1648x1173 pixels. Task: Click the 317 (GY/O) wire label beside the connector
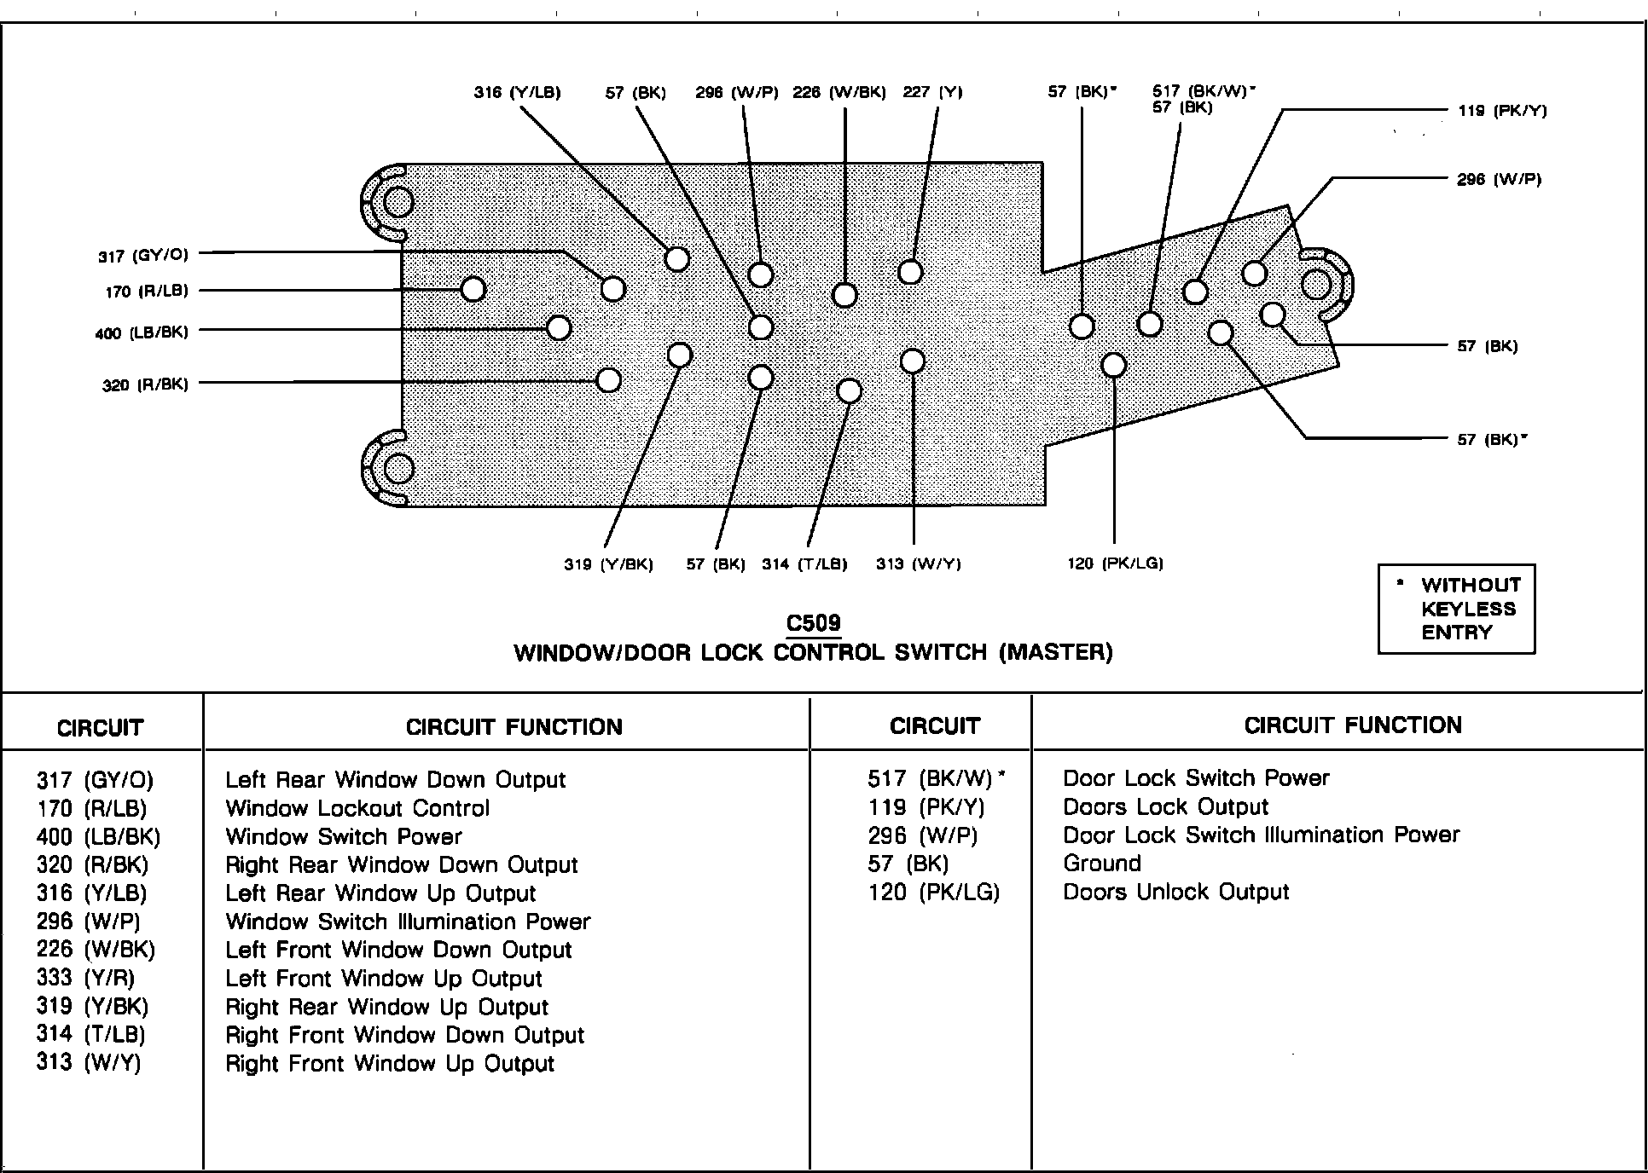(143, 256)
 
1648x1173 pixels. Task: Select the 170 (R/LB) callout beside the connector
(147, 292)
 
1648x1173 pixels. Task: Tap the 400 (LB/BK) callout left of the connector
(142, 332)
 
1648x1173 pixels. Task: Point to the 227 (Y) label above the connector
(932, 92)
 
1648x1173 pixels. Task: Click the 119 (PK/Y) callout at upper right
(1502, 110)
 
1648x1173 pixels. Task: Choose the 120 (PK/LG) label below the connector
(1115, 563)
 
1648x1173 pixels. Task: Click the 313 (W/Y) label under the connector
(919, 564)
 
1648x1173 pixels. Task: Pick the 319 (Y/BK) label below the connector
(608, 564)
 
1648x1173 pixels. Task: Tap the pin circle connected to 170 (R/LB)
(473, 290)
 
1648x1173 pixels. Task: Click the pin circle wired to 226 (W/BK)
(844, 295)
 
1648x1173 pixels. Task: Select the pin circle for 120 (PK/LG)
(1114, 365)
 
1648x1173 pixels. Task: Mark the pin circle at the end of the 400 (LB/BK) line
(559, 327)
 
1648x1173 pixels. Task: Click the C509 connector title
(814, 623)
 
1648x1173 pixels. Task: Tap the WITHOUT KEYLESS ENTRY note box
(1456, 609)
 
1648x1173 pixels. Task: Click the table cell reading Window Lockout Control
(357, 808)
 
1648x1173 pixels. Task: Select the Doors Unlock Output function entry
(1176, 892)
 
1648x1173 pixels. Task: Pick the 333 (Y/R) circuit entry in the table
(86, 978)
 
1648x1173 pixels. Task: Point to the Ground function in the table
(1102, 864)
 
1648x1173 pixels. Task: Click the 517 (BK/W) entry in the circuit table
(937, 778)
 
